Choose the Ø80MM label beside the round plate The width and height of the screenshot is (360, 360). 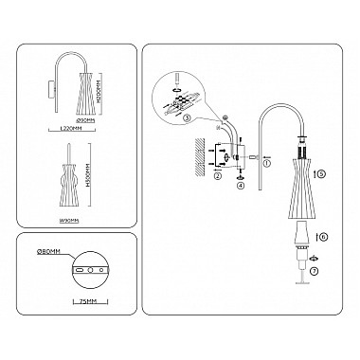pos(48,254)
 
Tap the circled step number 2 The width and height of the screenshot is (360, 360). pos(218,176)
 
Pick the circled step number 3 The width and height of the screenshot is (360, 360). pos(188,118)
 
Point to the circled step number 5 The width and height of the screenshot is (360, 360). pos(321,174)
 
